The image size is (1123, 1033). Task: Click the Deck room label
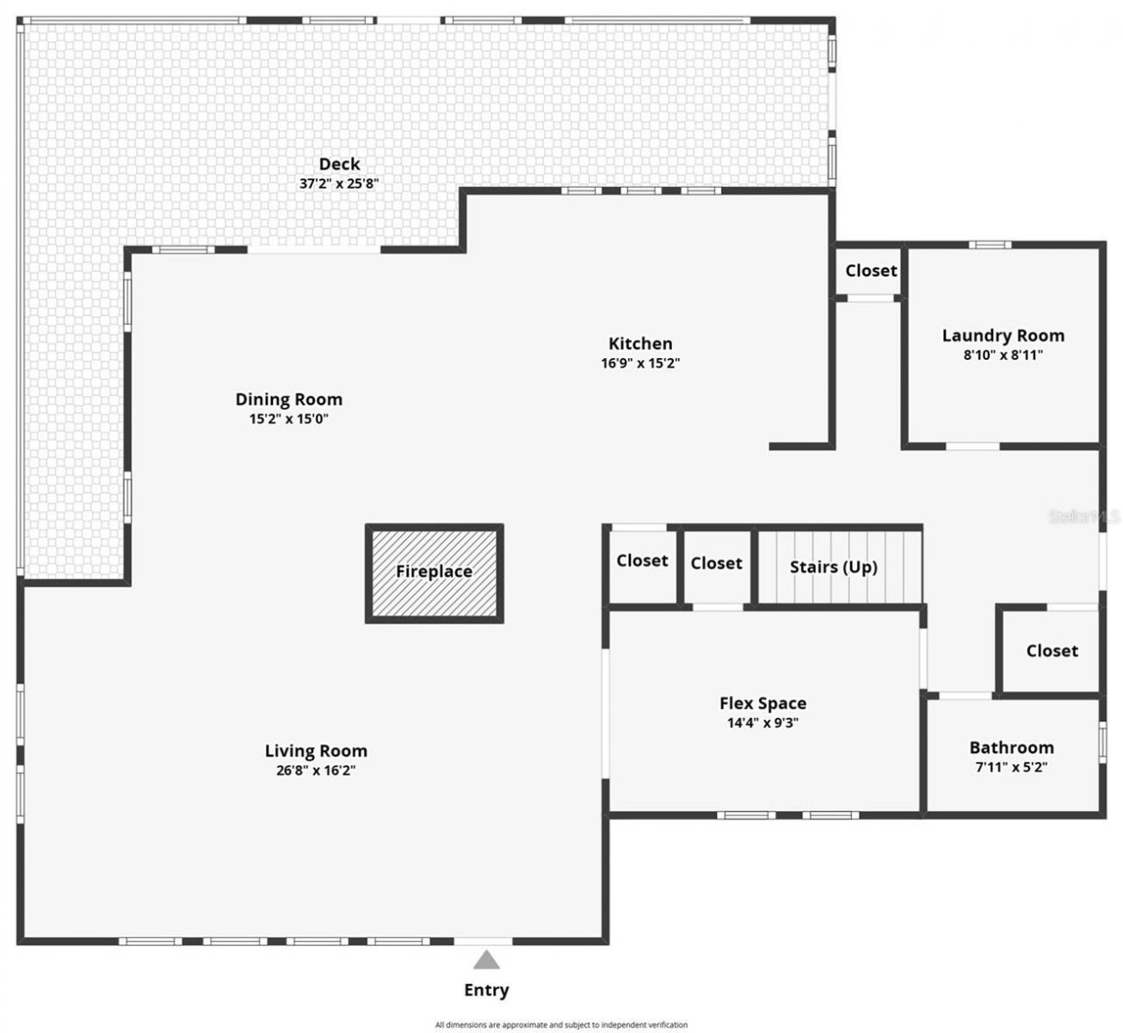[x=339, y=164]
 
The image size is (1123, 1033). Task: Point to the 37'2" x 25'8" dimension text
[x=339, y=184]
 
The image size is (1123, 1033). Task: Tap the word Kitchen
[x=640, y=343]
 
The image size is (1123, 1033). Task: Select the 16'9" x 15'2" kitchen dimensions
[x=640, y=363]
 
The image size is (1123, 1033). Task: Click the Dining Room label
[x=289, y=399]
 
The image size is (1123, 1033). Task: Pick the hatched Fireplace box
[x=434, y=573]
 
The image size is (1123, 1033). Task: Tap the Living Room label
[x=316, y=750]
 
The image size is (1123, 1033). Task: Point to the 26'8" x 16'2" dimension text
[x=316, y=771]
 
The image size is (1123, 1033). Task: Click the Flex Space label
[x=762, y=703]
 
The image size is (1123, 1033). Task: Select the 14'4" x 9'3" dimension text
[x=762, y=723]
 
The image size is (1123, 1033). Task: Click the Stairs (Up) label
[x=833, y=567]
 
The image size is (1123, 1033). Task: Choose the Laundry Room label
[x=1003, y=335]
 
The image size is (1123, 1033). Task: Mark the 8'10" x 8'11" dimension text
[x=1003, y=355]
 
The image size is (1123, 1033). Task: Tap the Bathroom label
[x=1012, y=748]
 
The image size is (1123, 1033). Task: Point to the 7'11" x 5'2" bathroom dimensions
[x=1012, y=767]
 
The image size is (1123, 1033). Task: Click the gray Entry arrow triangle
[x=487, y=959]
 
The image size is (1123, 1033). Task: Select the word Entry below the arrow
[x=486, y=990]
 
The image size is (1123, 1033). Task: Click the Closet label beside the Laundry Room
[x=870, y=271]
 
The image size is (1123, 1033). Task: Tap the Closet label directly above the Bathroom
[x=1051, y=651]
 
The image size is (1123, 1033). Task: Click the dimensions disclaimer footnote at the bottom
[x=561, y=1024]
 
